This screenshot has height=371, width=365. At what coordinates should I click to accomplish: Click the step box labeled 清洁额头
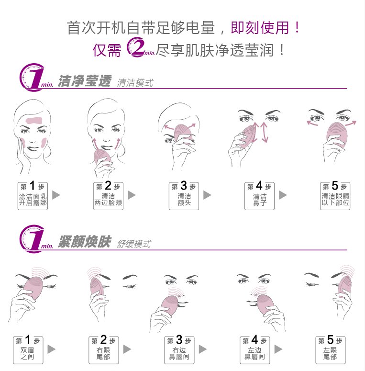click(x=184, y=195)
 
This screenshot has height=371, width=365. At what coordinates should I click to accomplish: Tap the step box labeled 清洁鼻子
click(x=259, y=195)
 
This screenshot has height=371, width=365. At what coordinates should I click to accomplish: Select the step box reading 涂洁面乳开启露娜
click(x=33, y=195)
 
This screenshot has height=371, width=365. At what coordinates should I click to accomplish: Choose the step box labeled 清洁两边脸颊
click(x=108, y=195)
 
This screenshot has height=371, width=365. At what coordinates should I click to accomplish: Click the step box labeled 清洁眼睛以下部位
click(x=335, y=195)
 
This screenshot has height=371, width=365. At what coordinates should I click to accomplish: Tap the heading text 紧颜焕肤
click(x=84, y=242)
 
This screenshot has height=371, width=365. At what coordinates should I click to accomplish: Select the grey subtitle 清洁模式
click(x=135, y=83)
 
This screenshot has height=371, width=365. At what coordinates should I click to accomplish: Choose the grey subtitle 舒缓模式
click(x=134, y=244)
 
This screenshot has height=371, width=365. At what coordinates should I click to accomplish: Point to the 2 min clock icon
click(x=135, y=48)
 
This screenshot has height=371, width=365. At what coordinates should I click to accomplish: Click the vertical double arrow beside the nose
click(x=264, y=132)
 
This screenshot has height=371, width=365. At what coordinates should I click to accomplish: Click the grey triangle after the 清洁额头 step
click(x=207, y=195)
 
